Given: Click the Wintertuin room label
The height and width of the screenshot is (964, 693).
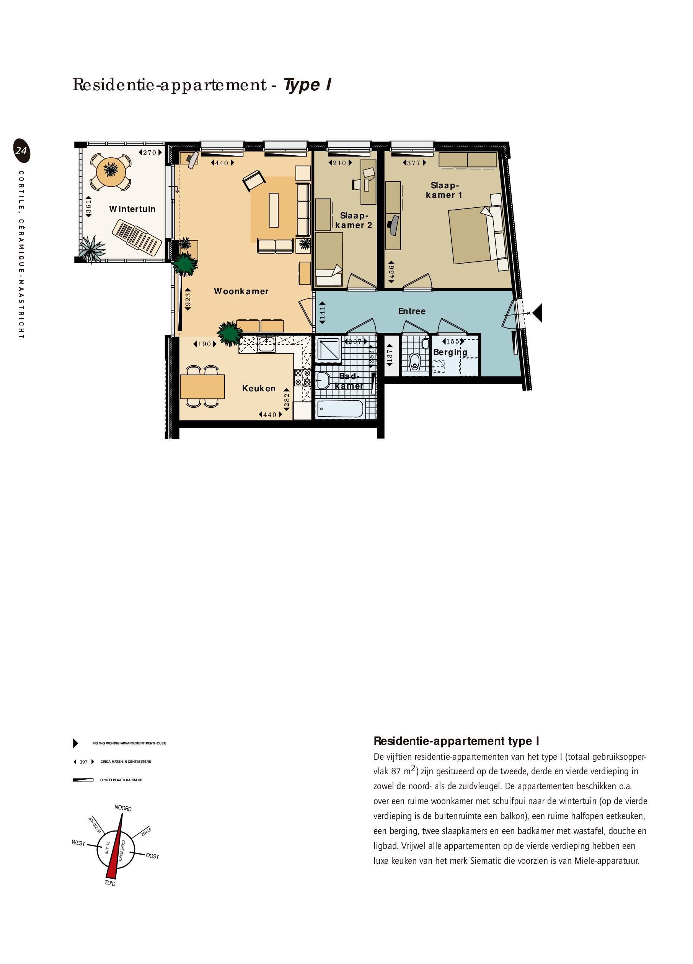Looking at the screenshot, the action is pos(132,209).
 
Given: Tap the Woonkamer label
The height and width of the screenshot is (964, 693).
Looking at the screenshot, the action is pos(241,291).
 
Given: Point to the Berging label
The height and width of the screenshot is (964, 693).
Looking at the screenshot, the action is pos(450,352).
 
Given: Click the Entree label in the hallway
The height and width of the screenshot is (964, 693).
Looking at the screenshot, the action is pos(411,311).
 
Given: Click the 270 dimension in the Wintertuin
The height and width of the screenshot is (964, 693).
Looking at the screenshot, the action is pos(150,153).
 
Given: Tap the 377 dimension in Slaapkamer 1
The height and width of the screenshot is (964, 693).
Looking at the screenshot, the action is pos(414,163).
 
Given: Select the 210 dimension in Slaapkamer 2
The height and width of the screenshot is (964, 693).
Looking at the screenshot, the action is pos(340,163).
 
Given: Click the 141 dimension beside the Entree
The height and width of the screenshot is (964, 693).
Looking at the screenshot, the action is pos(322,313).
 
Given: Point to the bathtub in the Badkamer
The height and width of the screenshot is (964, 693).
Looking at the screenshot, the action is pos(340,409).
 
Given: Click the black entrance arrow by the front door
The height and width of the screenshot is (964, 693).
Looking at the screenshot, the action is pos(537,313).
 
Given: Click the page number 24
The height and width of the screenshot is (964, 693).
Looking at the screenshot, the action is pos(21,151).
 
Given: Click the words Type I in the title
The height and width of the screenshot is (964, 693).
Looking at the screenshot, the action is pos(307,85).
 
